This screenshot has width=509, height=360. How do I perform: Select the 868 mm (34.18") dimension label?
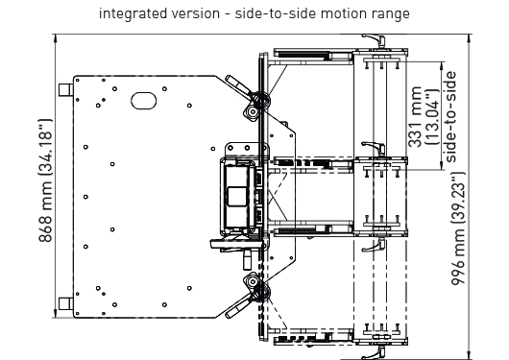[45, 180]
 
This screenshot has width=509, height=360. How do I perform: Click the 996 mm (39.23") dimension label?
[458, 228]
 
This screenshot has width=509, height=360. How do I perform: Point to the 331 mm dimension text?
[415, 117]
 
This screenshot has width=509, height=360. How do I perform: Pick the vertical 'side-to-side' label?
[450, 117]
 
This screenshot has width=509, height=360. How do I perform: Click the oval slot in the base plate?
[143, 101]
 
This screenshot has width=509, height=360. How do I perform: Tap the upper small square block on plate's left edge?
[65, 89]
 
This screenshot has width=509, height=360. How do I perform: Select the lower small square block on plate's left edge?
[65, 304]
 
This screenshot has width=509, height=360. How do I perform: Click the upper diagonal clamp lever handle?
[238, 85]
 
